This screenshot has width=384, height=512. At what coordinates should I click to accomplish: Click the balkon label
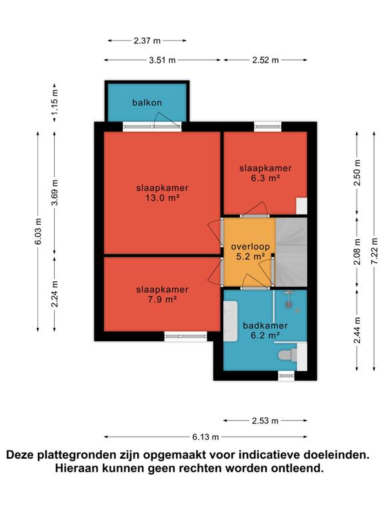pos(147,103)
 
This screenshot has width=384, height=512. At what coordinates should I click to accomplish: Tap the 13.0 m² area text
pos(162,198)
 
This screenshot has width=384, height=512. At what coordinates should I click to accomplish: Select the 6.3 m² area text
pos(265,178)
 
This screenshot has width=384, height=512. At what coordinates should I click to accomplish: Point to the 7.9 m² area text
pos(162,299)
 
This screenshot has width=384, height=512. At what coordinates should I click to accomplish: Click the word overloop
pos(250,247)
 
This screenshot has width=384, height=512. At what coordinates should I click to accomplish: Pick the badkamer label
pos(265,325)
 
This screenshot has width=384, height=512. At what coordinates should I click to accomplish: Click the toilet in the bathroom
pos(287,355)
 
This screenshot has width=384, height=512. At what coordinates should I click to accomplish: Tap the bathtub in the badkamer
pos(231,321)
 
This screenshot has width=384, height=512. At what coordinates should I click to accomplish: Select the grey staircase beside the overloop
pos(291,252)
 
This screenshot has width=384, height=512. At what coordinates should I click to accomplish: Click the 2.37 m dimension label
pos(147,41)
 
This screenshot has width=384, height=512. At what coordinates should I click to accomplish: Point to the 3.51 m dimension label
pos(162,60)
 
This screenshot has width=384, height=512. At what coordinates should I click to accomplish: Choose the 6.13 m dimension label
pos(205,437)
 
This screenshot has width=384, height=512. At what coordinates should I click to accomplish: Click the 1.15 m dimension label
pos(55,101)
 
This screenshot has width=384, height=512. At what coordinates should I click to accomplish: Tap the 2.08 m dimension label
pos(357,252)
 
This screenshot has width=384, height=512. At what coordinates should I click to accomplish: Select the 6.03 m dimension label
pos(38,231)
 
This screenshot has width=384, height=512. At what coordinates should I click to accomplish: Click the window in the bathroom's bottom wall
pos(286,376)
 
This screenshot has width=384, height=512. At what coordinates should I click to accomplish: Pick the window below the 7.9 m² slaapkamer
pos(185,336)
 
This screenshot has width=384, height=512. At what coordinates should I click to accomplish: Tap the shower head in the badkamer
pos(288,304)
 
